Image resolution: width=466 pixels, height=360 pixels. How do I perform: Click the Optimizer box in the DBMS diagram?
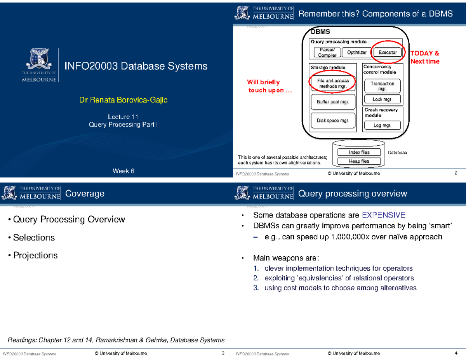click(356, 52)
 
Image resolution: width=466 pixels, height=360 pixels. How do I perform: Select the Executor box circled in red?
click(387, 52)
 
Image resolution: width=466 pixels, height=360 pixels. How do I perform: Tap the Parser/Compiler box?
click(327, 52)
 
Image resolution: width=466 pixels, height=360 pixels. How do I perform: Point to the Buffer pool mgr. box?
click(333, 102)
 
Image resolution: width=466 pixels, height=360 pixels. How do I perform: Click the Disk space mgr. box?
click(333, 120)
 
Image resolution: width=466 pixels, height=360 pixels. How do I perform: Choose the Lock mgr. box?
click(383, 99)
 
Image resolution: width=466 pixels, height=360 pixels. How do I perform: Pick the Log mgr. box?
click(383, 125)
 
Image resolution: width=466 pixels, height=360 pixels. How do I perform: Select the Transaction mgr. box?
click(383, 86)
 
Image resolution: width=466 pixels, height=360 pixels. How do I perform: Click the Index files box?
click(359, 152)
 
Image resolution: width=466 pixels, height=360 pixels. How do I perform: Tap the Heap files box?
click(359, 161)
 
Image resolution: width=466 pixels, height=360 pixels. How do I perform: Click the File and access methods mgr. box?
click(333, 83)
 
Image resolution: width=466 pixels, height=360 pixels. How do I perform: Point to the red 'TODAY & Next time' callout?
click(425, 57)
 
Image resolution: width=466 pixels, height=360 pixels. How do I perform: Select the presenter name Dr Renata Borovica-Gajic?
click(123, 101)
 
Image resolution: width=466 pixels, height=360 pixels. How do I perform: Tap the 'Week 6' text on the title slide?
click(123, 171)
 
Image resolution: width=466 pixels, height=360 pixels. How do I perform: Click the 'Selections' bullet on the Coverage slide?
click(34, 237)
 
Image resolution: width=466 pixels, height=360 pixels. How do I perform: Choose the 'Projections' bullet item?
click(35, 255)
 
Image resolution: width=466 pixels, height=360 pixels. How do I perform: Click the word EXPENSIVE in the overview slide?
click(383, 215)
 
